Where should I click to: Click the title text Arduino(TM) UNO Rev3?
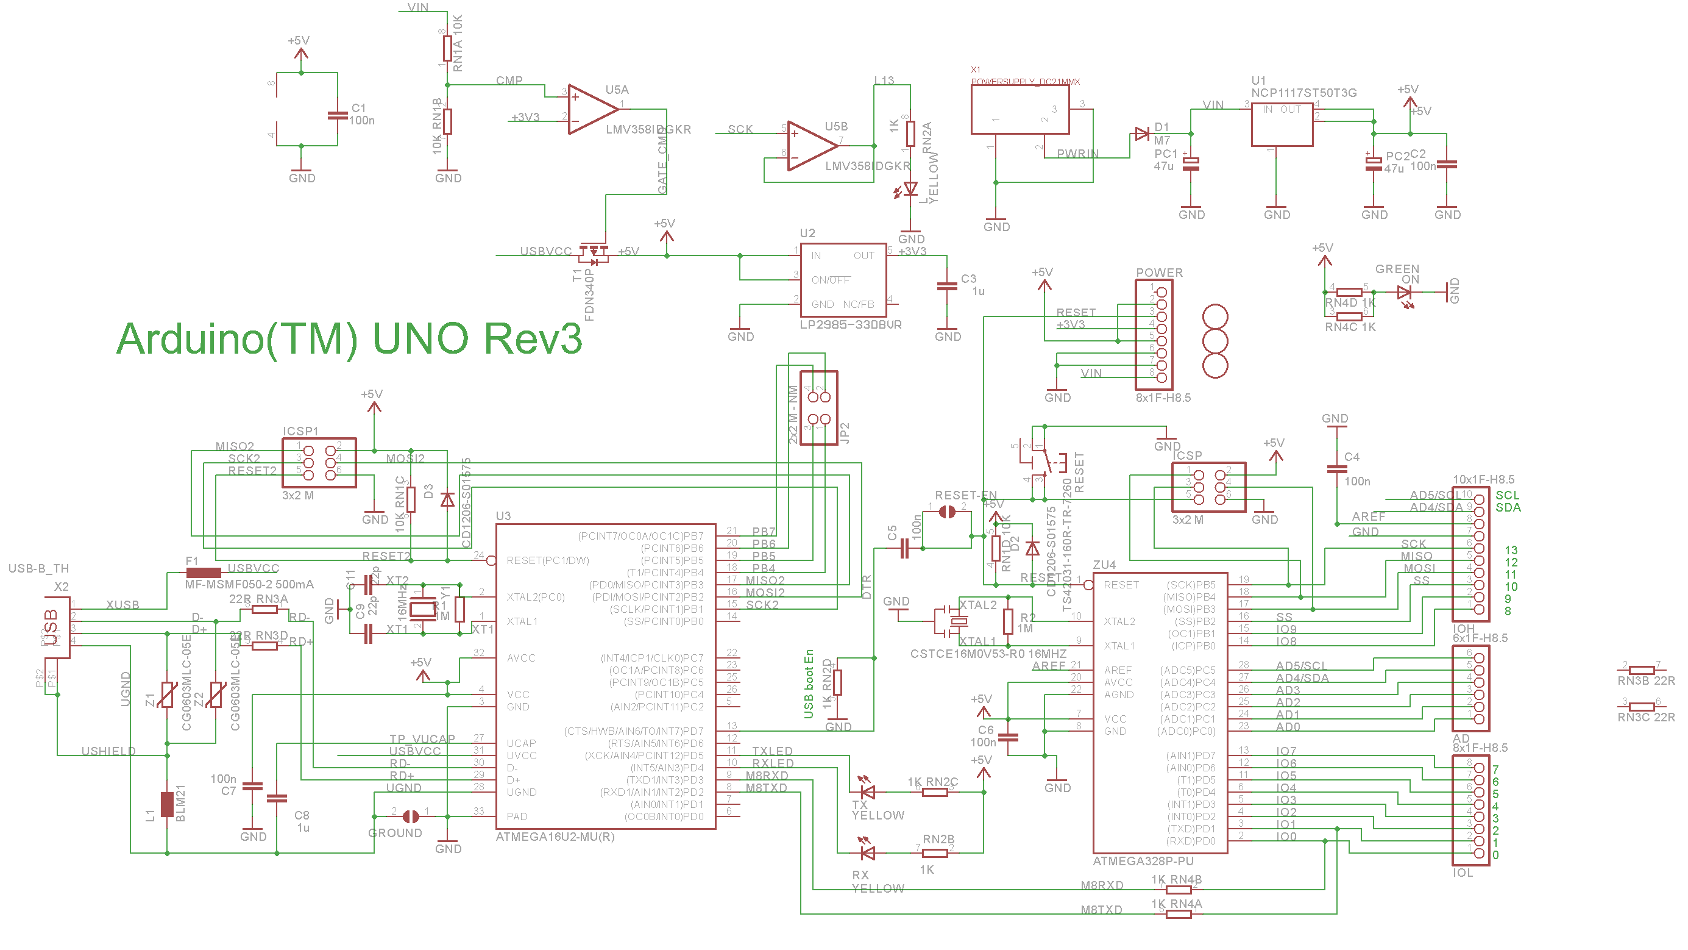pyautogui.click(x=349, y=339)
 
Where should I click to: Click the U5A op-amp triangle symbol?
pyautogui.click(x=590, y=109)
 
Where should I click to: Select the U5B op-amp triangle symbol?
pyautogui.click(x=809, y=146)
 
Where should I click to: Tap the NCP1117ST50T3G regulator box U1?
pyautogui.click(x=1281, y=124)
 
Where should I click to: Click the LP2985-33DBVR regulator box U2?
pyautogui.click(x=843, y=280)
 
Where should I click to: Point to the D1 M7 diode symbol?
pyautogui.click(x=1141, y=134)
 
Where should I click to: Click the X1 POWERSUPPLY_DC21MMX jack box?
pyautogui.click(x=1019, y=110)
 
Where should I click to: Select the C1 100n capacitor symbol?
pyautogui.click(x=338, y=115)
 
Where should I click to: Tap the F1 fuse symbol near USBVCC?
pyautogui.click(x=203, y=573)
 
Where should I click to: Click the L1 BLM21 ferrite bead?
pyautogui.click(x=167, y=804)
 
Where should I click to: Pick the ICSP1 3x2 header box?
pyautogui.click(x=319, y=463)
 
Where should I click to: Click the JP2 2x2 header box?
pyautogui.click(x=818, y=408)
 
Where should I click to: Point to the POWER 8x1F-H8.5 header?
pyautogui.click(x=1154, y=334)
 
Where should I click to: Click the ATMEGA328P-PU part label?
pyautogui.click(x=1143, y=861)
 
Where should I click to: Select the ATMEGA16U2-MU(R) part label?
pyautogui.click(x=555, y=837)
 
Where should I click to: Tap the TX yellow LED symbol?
pyautogui.click(x=868, y=791)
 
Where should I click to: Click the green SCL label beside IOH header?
pyautogui.click(x=1507, y=495)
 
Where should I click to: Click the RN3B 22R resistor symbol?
pyautogui.click(x=1642, y=670)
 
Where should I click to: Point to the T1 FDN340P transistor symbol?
pyautogui.click(x=594, y=252)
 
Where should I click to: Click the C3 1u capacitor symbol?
pyautogui.click(x=947, y=285)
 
